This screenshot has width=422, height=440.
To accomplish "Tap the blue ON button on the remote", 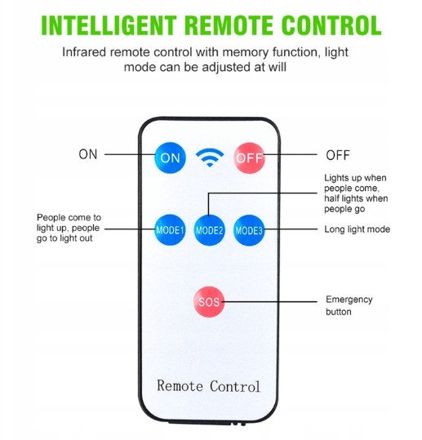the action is [170, 158].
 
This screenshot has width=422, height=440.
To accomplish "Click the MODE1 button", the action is [170, 230].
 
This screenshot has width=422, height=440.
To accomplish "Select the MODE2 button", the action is [209, 230].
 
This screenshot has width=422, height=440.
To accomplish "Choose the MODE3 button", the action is [249, 230].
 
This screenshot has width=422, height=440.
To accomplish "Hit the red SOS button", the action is [209, 302].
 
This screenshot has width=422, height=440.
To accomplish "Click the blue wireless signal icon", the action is [210, 158].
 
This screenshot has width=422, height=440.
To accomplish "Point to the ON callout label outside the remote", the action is [88, 154].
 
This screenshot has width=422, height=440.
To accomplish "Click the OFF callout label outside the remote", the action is [338, 155].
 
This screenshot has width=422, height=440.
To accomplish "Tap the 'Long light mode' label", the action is [358, 229].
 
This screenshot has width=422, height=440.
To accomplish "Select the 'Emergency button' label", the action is [349, 305].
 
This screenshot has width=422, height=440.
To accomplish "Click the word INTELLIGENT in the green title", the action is [109, 25].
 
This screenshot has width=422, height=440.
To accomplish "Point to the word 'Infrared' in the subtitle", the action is [84, 52].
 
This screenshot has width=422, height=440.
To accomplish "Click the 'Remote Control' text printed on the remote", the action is [208, 386].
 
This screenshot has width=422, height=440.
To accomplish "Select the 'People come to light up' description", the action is [69, 228].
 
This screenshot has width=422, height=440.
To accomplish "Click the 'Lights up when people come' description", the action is [356, 193].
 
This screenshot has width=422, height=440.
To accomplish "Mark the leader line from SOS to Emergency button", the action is [269, 302].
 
